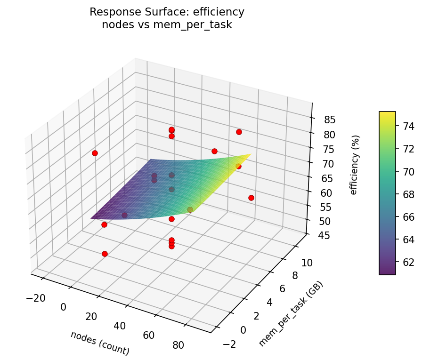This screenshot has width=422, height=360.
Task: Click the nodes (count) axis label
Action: point(100,343)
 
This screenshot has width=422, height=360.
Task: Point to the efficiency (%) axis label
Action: point(355,165)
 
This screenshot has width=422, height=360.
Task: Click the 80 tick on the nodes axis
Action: point(179,345)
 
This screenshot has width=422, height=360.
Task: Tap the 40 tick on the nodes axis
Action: point(120,326)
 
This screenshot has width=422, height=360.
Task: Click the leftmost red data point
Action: point(95,153)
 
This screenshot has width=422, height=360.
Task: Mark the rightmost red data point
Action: point(251,198)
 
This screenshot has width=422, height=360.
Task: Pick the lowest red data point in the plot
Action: point(105,254)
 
